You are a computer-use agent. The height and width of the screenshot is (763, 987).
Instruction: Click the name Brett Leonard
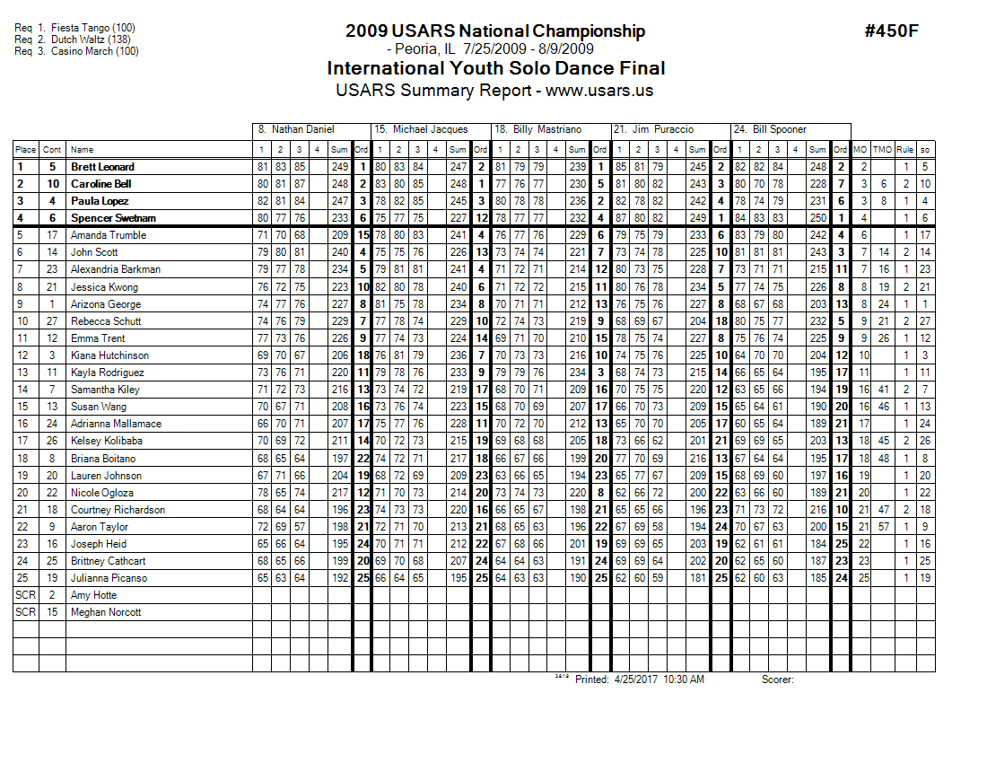(102, 167)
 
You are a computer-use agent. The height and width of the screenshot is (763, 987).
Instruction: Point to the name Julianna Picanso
(109, 578)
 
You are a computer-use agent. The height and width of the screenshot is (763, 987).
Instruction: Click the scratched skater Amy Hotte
(93, 595)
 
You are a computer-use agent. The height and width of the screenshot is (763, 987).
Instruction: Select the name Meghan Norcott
(101, 612)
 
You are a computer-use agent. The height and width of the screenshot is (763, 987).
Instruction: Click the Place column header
(25, 150)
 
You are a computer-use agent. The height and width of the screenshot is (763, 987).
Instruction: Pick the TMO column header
(883, 150)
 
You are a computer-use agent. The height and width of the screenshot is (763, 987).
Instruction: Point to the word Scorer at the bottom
(777, 680)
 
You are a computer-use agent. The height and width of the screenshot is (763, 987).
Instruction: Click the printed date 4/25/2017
(637, 680)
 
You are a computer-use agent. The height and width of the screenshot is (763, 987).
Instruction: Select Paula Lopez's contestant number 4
(53, 201)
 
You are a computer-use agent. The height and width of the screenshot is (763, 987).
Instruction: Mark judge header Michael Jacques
(421, 130)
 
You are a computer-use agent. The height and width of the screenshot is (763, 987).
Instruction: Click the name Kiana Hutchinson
(109, 355)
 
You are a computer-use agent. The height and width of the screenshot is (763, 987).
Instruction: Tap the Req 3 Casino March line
(76, 51)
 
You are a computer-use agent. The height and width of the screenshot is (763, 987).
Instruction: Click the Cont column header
(53, 150)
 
